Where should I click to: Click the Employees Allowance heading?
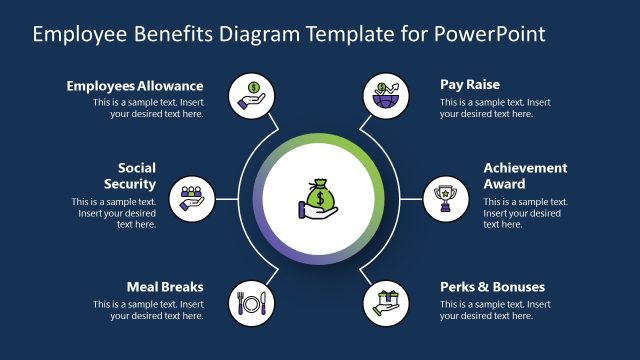(135, 86)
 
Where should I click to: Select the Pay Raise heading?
(470, 85)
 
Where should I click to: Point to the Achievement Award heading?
(525, 176)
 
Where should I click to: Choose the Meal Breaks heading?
(165, 287)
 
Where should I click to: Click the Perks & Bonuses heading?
(492, 287)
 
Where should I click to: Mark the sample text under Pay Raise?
(495, 108)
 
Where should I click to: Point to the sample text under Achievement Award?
(525, 213)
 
